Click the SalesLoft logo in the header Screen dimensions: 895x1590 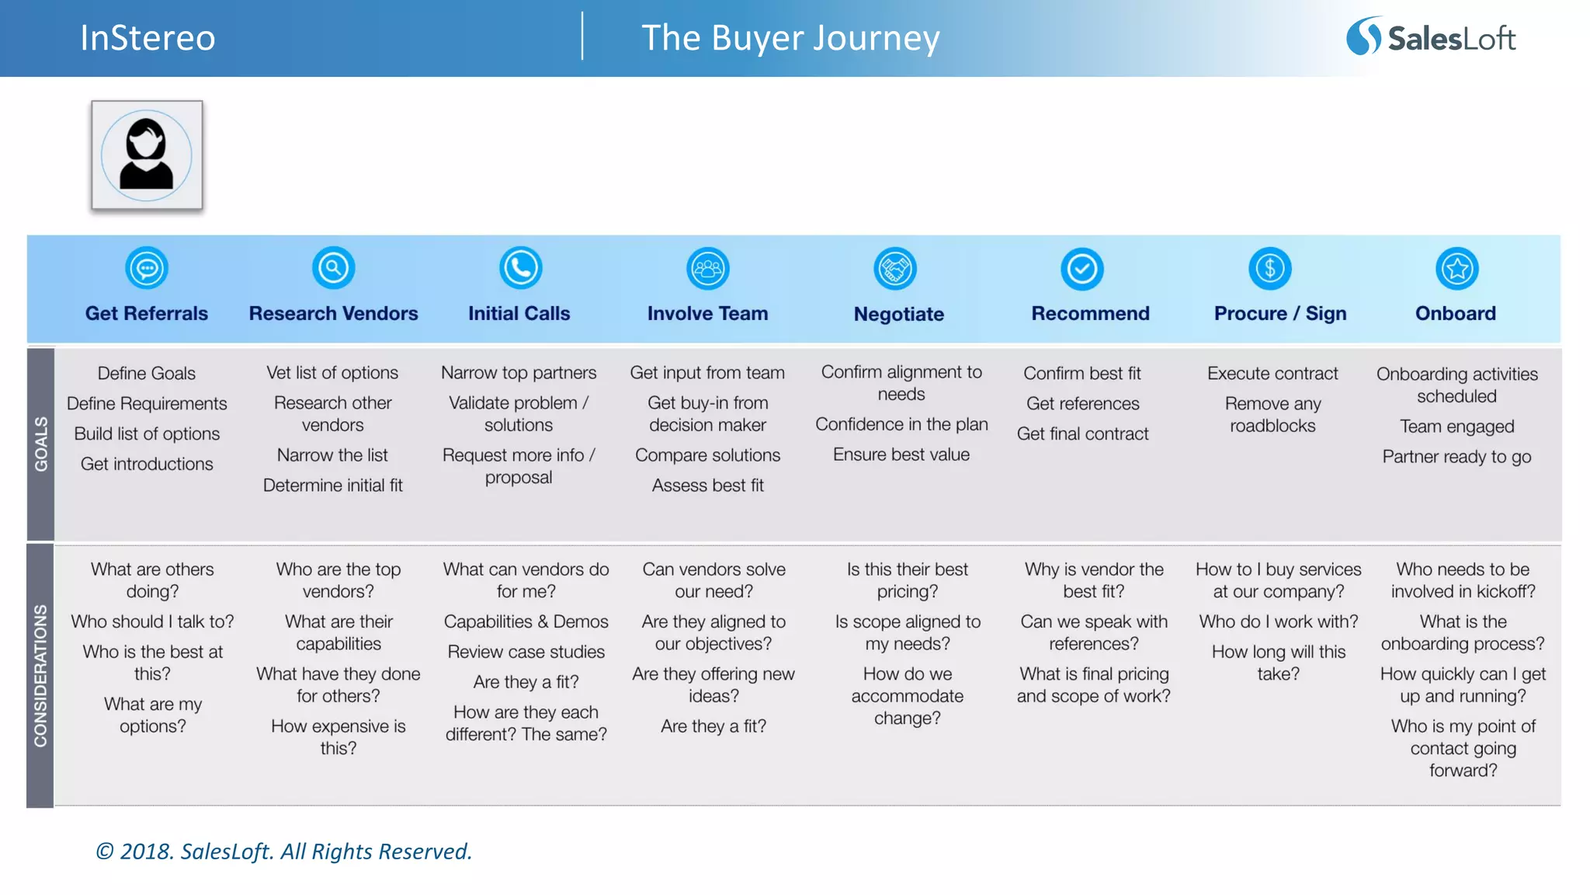coord(1431,37)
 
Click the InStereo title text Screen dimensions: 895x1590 coord(148,38)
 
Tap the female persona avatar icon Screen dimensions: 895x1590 coord(147,155)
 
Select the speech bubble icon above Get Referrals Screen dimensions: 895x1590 coord(147,269)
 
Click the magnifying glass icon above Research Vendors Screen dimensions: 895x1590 coord(333,268)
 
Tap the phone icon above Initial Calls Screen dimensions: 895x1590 coord(520,268)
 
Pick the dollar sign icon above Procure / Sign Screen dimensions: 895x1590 coord(1269,269)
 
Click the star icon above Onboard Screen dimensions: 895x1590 coord(1456,269)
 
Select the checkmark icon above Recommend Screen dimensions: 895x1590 coord(1081,269)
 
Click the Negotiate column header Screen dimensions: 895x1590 coord(898,314)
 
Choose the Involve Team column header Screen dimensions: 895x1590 coord(707,313)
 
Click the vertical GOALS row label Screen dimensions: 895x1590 coord(40,444)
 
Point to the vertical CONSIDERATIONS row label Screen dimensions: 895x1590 coord(40,675)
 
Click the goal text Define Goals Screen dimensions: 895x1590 coord(147,373)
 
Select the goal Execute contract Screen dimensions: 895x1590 coord(1272,373)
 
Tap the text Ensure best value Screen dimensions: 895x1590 coord(901,454)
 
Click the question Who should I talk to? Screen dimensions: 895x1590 coord(152,622)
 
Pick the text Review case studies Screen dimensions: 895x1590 coord(526,652)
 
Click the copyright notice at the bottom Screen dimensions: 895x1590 coord(283,851)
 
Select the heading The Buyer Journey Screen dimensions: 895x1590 coord(790,38)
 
